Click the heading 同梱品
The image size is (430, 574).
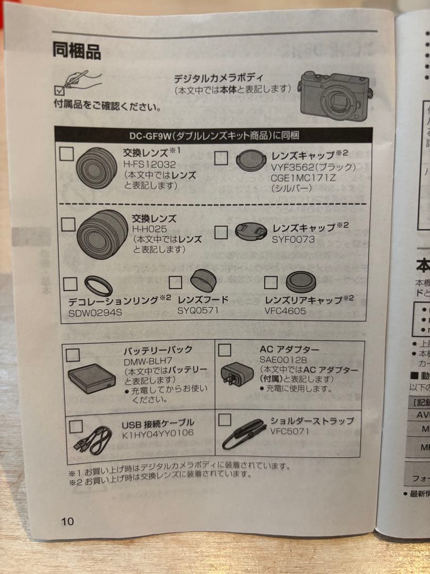[76, 50]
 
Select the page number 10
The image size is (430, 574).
[67, 521]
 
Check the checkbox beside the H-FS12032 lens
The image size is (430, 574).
[67, 154]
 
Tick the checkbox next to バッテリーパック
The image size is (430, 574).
[73, 354]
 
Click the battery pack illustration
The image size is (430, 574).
[91, 378]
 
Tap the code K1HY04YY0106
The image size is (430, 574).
[158, 433]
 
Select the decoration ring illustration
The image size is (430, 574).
[99, 286]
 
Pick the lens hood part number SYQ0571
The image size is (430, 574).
[198, 310]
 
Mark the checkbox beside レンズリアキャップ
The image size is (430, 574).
[271, 282]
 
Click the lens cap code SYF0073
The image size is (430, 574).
[294, 240]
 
